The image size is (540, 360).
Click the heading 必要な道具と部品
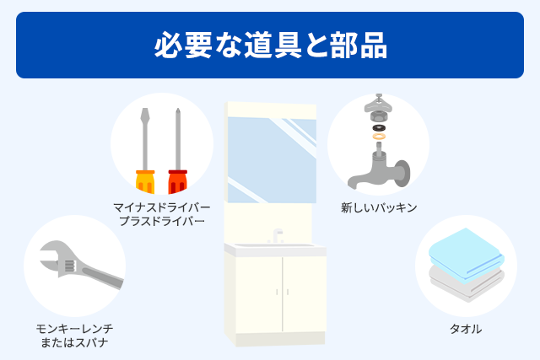(270, 45)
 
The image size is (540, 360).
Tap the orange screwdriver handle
(145, 181)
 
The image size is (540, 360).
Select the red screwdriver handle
(178, 181)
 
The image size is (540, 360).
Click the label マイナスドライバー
(161, 207)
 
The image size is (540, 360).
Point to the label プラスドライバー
(161, 221)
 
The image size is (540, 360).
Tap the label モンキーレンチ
(74, 329)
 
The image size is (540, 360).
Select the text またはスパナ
(74, 343)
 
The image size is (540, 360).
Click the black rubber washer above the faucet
(379, 128)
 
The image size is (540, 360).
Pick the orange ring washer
(379, 137)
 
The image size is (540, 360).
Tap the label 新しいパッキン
(379, 207)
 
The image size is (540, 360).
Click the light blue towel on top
(467, 253)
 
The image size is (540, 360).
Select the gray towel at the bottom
(467, 284)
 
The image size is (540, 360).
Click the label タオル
(466, 329)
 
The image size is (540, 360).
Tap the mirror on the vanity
(272, 160)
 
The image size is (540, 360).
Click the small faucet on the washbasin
(278, 236)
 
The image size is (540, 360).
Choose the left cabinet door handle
(277, 293)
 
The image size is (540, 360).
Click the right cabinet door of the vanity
(304, 294)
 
